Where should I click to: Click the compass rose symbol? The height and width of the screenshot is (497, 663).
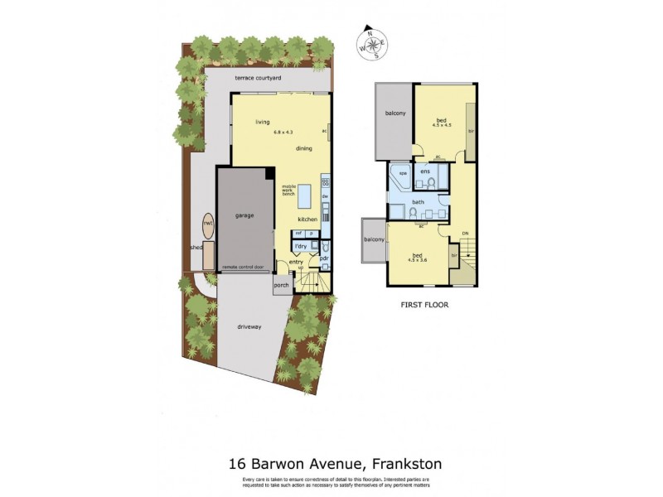pyautogui.click(x=372, y=46)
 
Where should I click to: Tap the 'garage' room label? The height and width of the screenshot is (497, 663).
pyautogui.click(x=244, y=215)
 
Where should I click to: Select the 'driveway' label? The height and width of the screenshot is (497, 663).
pyautogui.click(x=249, y=326)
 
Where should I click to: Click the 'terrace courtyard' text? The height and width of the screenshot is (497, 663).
pyautogui.click(x=258, y=77)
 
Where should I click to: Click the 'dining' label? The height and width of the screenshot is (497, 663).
pyautogui.click(x=304, y=148)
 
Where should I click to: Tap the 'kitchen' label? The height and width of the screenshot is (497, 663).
pyautogui.click(x=308, y=219)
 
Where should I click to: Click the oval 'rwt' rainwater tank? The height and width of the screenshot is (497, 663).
pyautogui.click(x=207, y=225)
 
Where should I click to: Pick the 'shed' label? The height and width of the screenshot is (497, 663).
pyautogui.click(x=196, y=248)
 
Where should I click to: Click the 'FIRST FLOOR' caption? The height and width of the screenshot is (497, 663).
pyautogui.click(x=423, y=305)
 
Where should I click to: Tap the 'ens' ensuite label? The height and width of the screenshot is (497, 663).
pyautogui.click(x=425, y=171)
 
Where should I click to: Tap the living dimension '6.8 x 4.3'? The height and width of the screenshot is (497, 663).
pyautogui.click(x=284, y=131)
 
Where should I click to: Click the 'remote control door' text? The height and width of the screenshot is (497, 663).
pyautogui.click(x=244, y=268)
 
